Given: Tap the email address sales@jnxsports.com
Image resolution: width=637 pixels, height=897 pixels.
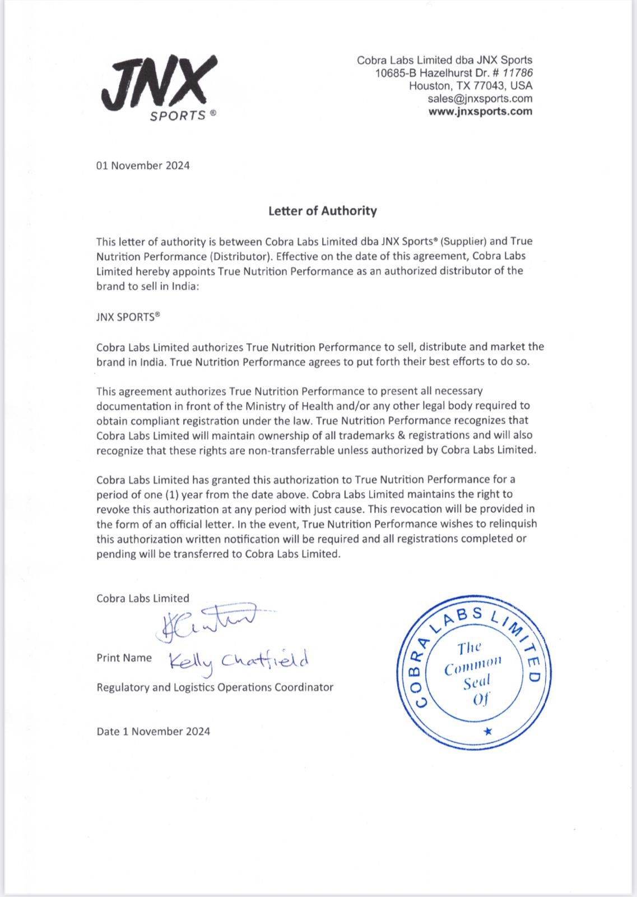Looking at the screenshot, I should click(480, 99).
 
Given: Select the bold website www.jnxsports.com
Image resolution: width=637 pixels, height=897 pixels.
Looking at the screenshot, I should click(480, 111).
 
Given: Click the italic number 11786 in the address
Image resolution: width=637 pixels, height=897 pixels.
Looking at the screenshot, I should click(517, 73).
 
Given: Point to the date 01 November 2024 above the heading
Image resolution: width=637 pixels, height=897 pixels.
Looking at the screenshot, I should click(143, 165).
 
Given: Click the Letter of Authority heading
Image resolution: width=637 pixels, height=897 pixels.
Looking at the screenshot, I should click(322, 211).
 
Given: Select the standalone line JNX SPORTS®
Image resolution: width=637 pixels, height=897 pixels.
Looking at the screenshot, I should click(128, 317).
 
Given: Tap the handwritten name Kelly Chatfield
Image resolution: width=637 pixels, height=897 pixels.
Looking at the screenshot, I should click(239, 662).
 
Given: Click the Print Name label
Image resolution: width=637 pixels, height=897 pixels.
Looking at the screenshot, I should click(124, 658).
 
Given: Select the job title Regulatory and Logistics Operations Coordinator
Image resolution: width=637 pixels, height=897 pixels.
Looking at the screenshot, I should click(215, 687).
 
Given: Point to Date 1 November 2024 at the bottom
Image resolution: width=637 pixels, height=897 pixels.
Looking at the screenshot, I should click(153, 731).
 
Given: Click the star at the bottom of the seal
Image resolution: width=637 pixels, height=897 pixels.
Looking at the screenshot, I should click(487, 731).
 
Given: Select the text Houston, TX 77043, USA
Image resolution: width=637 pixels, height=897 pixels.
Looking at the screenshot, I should click(470, 86).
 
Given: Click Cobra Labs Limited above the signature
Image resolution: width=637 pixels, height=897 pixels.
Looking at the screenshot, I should click(143, 598).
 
